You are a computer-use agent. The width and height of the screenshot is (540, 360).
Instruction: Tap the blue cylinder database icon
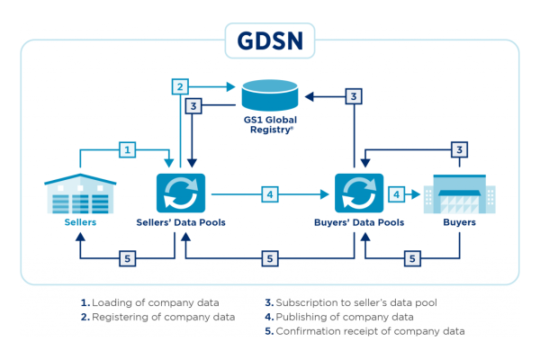pos(269,94)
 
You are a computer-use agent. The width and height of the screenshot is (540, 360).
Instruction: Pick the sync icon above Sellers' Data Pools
pos(181,193)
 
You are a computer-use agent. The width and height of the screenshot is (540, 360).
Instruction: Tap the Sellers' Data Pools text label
pos(181,221)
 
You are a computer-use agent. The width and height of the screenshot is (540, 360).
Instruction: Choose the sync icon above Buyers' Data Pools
pos(359,193)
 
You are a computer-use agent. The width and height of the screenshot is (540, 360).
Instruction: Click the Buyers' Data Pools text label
pos(359,221)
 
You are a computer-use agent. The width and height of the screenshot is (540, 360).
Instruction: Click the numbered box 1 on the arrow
pos(129,148)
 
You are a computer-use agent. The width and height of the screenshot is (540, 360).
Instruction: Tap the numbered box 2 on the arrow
pos(181,87)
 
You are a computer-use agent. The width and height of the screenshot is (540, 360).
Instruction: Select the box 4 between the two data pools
pos(270,193)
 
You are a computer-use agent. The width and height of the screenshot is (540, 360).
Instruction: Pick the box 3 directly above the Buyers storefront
pos(459,148)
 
